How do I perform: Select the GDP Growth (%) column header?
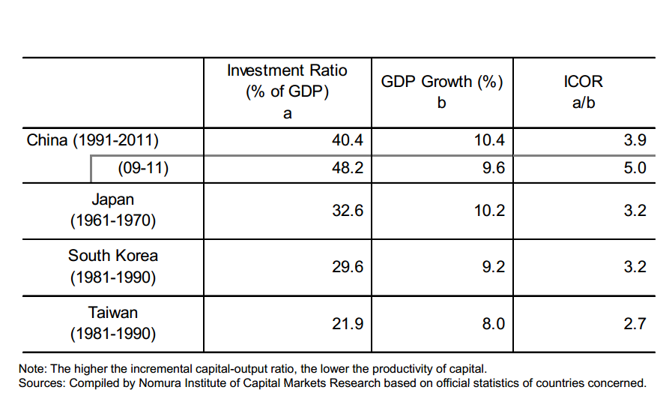coord(441,82)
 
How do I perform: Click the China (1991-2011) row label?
coord(93,140)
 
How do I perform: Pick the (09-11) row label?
coord(143,168)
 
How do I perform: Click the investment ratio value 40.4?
coord(347,140)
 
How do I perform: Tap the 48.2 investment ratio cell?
coord(347,168)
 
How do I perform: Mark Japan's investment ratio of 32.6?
coord(347,211)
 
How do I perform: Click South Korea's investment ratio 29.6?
coord(347,266)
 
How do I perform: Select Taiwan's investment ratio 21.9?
coord(347,323)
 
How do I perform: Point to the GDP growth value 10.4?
coord(489,140)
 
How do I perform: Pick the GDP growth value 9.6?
coord(494,168)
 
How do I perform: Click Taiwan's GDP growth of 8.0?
coord(494,323)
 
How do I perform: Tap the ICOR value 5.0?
coord(635,168)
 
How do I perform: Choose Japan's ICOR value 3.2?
coord(635,211)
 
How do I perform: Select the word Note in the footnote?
coord(32,368)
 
